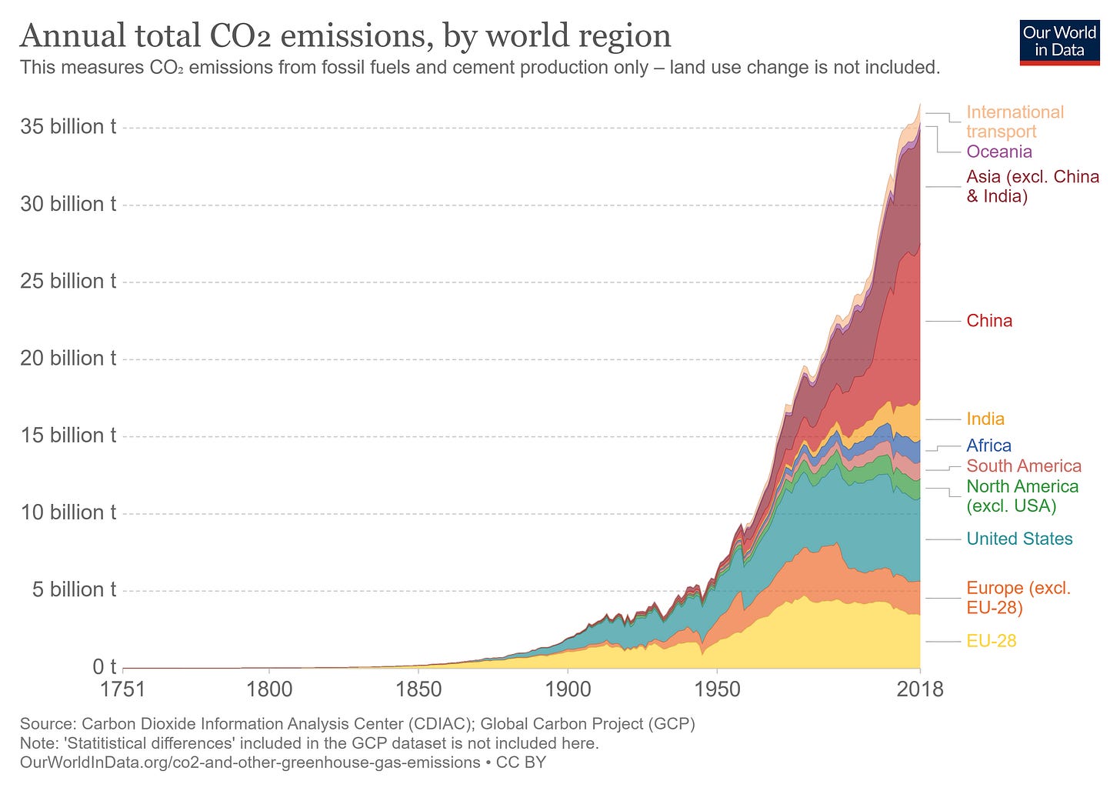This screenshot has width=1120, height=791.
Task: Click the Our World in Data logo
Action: tap(1059, 42)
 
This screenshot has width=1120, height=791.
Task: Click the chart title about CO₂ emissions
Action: tap(345, 35)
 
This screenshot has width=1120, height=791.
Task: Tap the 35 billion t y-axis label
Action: tap(68, 127)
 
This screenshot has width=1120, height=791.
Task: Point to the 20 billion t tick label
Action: tap(68, 359)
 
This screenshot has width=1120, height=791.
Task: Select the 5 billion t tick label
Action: tap(74, 590)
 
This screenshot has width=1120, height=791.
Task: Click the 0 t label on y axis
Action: tap(104, 666)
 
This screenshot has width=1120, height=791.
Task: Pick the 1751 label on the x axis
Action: tap(123, 689)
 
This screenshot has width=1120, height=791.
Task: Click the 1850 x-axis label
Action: tap(418, 689)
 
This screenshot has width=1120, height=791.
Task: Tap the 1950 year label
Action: tap(717, 689)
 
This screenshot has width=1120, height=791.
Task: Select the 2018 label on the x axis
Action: tap(920, 689)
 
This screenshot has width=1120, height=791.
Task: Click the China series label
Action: tap(989, 321)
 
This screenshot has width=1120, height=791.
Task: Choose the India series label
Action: tap(985, 419)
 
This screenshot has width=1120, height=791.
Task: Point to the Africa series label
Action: tap(988, 446)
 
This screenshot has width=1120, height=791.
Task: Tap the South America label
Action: tap(1024, 466)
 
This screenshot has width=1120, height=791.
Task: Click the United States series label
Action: tap(1019, 539)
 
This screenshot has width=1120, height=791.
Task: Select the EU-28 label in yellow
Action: tap(992, 641)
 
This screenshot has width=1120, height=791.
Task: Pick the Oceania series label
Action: tap(999, 152)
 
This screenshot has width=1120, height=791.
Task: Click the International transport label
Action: tap(1014, 122)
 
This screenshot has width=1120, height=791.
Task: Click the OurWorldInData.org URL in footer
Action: tap(250, 763)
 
